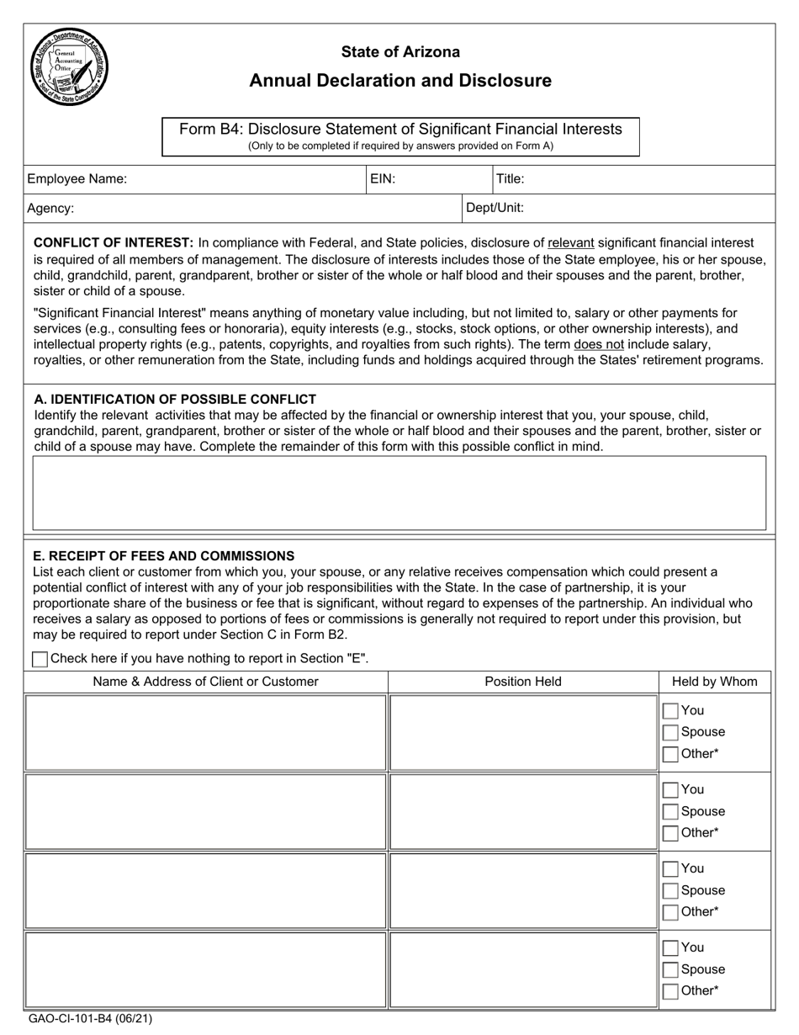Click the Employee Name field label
click(77, 178)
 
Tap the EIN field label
click(383, 178)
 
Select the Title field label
click(511, 178)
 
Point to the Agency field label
click(50, 208)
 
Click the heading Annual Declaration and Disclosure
click(400, 81)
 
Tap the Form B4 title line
click(400, 129)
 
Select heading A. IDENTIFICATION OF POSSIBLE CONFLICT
click(174, 399)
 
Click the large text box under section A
click(399, 493)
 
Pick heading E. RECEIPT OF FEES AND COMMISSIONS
click(163, 555)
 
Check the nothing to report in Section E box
click(40, 660)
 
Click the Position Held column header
click(523, 682)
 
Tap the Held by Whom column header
click(714, 682)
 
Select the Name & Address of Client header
click(205, 682)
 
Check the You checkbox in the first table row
click(670, 711)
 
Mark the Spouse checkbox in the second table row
click(670, 812)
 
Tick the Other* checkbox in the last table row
click(670, 991)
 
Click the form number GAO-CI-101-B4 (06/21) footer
click(90, 1018)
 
